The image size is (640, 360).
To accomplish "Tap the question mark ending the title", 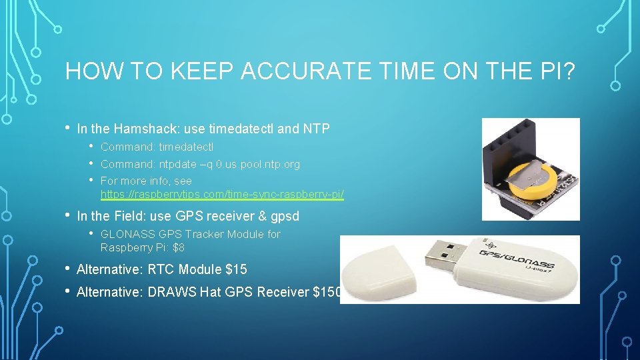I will click(569, 71).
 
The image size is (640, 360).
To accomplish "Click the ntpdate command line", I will click(200, 164).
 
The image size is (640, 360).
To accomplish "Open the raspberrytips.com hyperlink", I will click(222, 195).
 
